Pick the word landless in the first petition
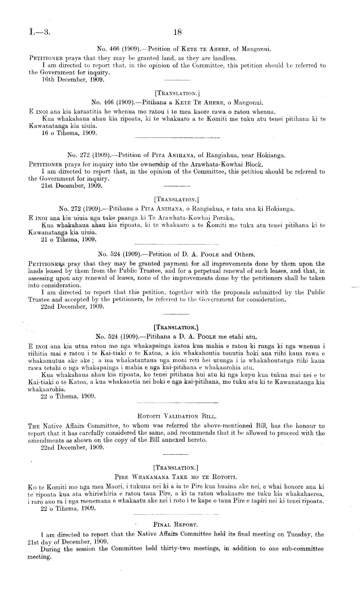pyautogui.click(x=227, y=58)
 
